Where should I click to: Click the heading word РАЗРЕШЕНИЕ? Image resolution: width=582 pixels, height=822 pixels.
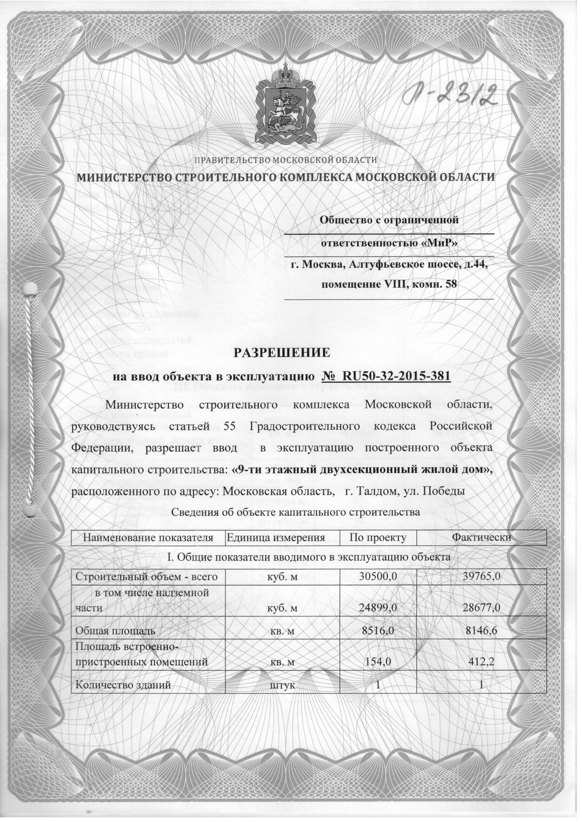tap(282, 353)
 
